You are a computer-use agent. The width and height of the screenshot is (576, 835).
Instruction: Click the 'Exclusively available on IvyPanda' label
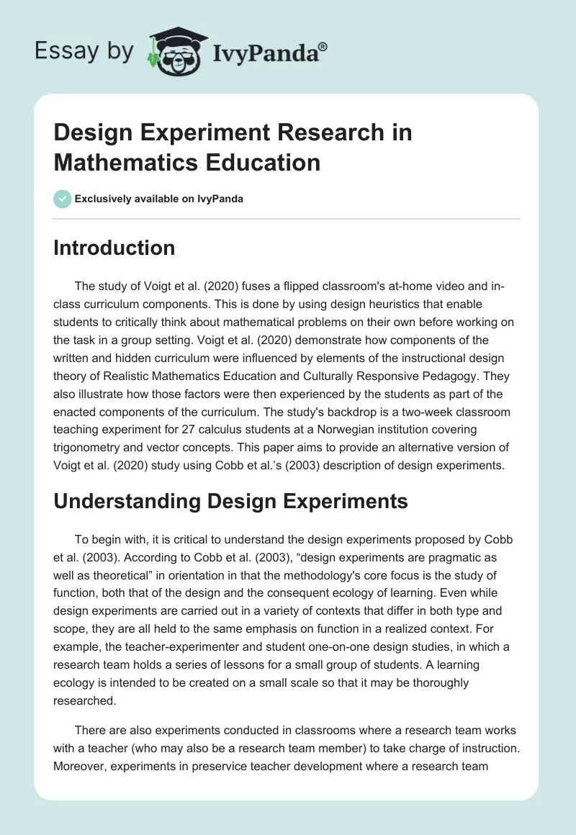(158, 199)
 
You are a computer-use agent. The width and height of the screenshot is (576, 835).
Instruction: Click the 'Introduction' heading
(114, 248)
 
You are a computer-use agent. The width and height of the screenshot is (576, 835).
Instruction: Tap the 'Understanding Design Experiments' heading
(230, 502)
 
